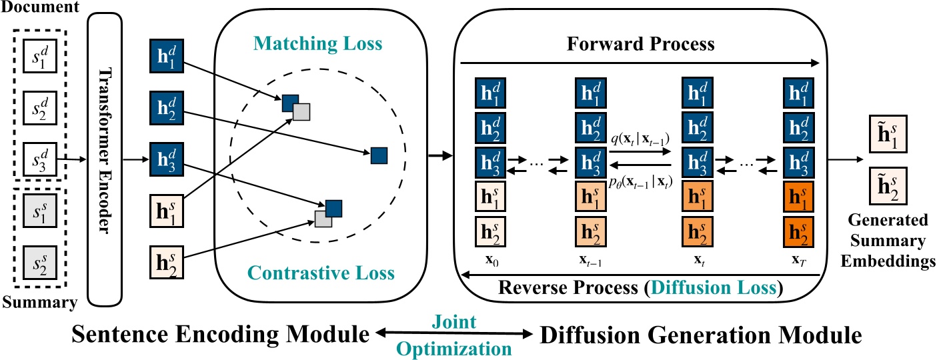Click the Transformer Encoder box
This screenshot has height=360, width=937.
click(105, 160)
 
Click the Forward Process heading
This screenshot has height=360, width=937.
click(640, 45)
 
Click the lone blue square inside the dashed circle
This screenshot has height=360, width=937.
click(379, 156)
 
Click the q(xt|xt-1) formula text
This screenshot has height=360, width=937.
click(640, 139)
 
